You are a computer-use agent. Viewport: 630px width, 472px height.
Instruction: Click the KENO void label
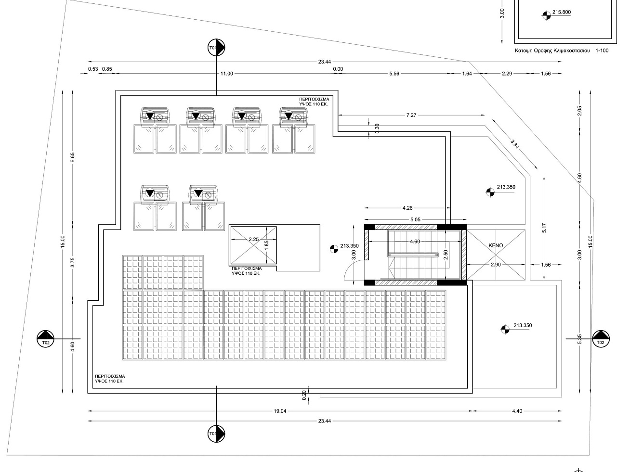(x=496, y=245)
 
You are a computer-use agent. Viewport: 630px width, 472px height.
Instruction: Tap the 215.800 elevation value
(x=562, y=12)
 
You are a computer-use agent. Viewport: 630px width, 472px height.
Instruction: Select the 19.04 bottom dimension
(x=280, y=411)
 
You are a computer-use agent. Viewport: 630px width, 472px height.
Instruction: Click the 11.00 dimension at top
(x=226, y=74)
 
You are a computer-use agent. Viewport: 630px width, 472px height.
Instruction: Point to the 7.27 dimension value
(x=411, y=115)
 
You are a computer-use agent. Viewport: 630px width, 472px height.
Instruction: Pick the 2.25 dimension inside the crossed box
(x=254, y=239)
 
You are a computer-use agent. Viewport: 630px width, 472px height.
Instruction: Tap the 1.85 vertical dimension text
(x=266, y=245)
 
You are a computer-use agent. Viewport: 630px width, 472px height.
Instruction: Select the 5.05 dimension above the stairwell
(x=415, y=219)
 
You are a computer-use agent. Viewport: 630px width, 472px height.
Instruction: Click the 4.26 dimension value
(x=407, y=208)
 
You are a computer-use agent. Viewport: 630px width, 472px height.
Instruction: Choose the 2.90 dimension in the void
(x=496, y=265)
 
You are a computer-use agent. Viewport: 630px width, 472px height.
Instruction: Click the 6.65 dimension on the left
(x=72, y=157)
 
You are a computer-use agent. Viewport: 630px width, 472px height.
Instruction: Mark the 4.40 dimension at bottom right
(x=517, y=411)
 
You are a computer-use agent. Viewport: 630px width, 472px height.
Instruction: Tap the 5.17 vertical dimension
(x=544, y=228)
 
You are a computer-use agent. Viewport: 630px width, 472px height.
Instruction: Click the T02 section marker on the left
(x=46, y=339)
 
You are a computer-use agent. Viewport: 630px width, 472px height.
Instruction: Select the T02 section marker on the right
(x=601, y=339)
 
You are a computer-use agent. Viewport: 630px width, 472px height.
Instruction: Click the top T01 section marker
(x=216, y=48)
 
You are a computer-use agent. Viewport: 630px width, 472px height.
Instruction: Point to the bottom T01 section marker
(x=216, y=434)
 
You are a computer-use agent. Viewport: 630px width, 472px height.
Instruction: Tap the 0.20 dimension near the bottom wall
(x=304, y=395)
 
